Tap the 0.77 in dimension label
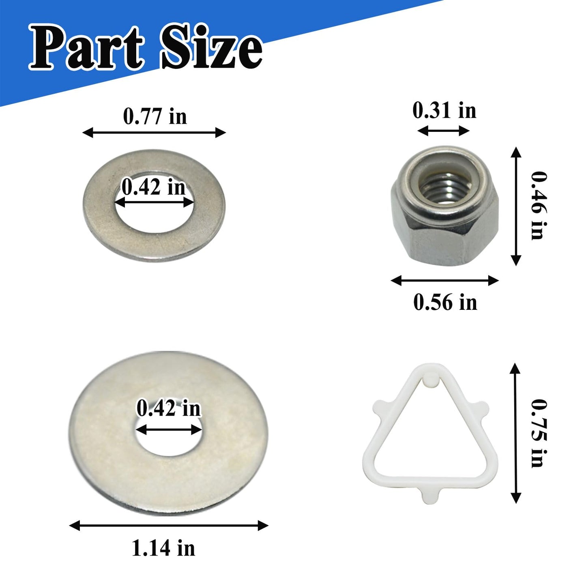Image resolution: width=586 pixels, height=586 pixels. pos(155,117)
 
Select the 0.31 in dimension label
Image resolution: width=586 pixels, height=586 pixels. pos(444,111)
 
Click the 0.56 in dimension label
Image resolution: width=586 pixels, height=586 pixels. pos(445,302)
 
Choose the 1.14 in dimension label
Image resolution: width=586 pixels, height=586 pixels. pos(163,548)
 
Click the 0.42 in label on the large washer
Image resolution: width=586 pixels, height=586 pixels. pos(169,408)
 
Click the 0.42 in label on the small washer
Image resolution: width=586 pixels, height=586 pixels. pos(154,187)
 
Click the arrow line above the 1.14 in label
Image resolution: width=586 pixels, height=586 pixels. pos(169,526)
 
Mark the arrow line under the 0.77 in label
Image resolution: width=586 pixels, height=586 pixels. pos(154,132)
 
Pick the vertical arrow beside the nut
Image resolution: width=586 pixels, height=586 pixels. pos(515,206)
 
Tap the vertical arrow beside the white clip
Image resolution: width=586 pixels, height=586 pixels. pos(515,433)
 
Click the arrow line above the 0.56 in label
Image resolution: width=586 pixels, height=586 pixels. pos(445,280)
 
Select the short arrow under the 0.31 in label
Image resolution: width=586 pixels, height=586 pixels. pos(444,131)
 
